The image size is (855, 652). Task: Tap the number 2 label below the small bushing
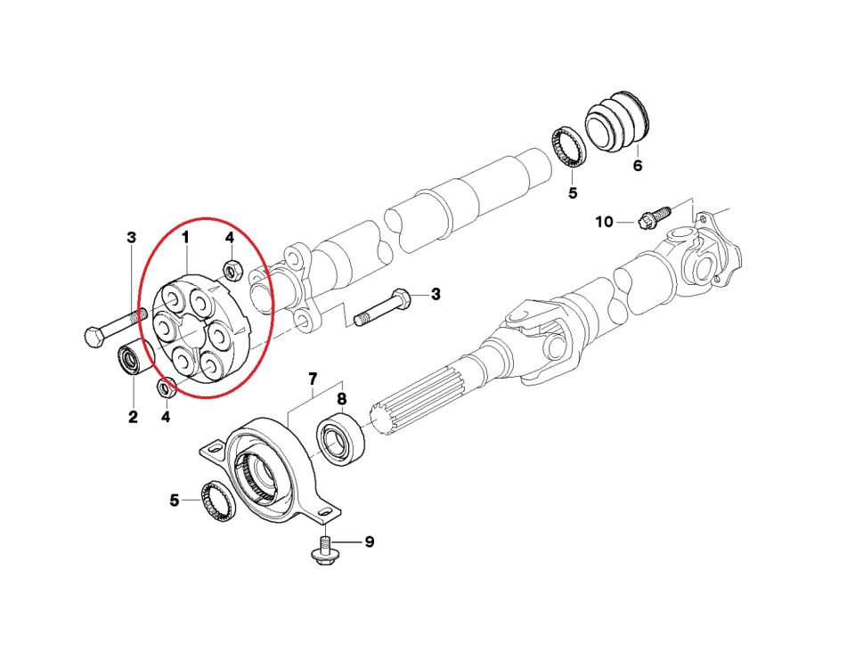coord(133,416)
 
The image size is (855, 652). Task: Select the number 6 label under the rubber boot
coord(637,166)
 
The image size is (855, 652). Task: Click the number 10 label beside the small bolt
coord(605,221)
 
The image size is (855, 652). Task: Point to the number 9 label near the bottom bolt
coord(369,542)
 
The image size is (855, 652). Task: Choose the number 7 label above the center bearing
coord(313,379)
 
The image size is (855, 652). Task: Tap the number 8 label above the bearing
coord(342,399)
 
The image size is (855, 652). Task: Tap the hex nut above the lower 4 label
coord(164,387)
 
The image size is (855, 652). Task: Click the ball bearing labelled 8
coord(342,436)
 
